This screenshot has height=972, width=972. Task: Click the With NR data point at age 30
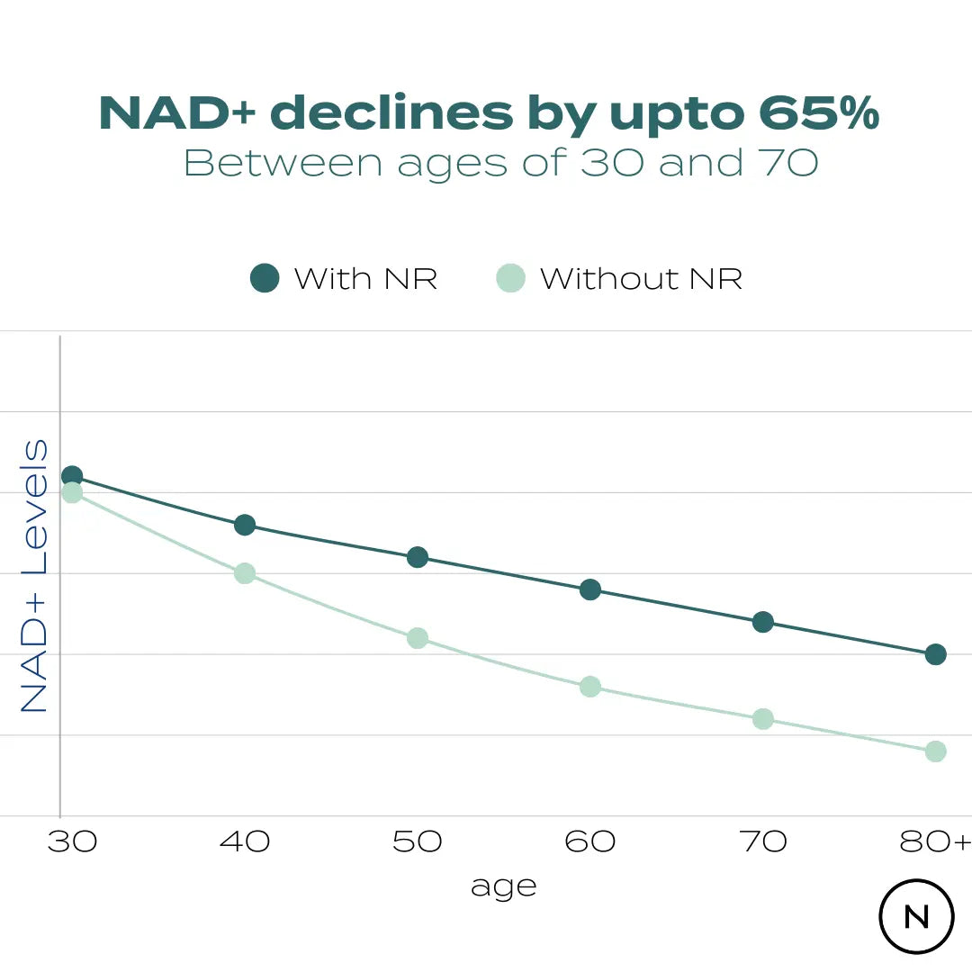[x=72, y=476]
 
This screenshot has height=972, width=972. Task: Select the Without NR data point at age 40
[x=245, y=573]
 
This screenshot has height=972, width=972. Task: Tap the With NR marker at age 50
[x=418, y=557]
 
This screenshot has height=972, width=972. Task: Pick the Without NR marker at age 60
[x=590, y=687]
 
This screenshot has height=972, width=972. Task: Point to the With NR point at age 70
[x=763, y=622]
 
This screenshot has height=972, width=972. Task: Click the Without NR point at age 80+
[x=936, y=751]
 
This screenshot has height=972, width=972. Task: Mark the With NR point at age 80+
[x=936, y=654]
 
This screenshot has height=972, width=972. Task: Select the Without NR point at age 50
[x=418, y=638]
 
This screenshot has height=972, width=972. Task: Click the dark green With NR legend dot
[x=265, y=278]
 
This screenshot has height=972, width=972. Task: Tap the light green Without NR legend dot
[x=510, y=278]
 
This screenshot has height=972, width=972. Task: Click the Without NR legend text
[x=641, y=279]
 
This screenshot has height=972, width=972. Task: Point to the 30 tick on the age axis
[x=72, y=841]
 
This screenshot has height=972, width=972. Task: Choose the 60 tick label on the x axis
[x=590, y=841]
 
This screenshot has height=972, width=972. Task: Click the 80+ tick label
[x=936, y=841]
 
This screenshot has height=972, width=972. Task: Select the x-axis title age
[x=503, y=887]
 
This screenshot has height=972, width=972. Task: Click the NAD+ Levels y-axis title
[x=34, y=576]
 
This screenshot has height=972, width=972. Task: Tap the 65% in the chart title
[x=818, y=113]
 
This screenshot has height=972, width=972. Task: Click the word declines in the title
[x=391, y=113]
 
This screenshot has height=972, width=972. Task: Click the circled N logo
[x=916, y=916]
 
